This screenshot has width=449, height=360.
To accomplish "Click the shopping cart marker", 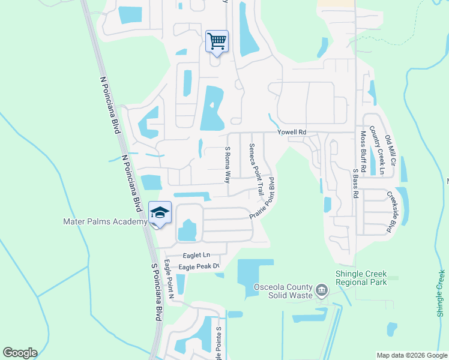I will (x=217, y=41).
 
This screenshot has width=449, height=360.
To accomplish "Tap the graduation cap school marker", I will (x=160, y=213).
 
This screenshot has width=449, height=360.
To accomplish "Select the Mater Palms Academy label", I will (x=105, y=222).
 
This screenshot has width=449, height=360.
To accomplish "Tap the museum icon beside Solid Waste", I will (x=322, y=291).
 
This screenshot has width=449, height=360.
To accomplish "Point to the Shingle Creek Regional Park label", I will (x=361, y=278).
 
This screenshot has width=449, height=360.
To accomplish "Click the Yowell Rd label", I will (x=292, y=132).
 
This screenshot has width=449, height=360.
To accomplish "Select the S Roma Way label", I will (x=228, y=166).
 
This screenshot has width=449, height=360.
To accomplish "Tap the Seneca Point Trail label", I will (x=257, y=170).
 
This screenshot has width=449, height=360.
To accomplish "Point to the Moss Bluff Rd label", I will (x=363, y=151).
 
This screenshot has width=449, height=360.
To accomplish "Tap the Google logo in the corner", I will (x=20, y=353).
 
